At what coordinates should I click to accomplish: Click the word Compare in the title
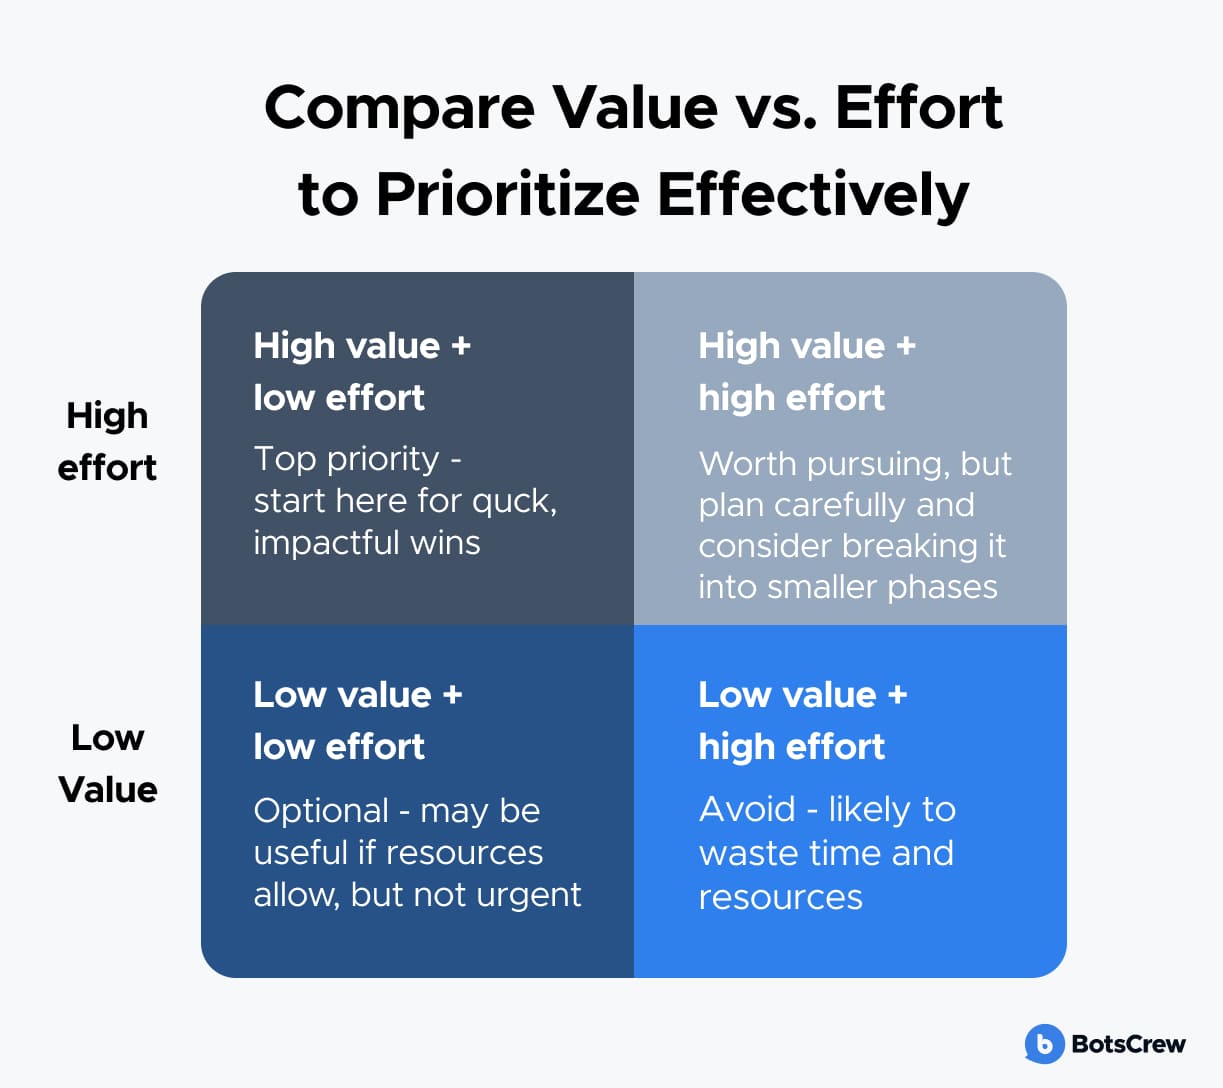pos(400,110)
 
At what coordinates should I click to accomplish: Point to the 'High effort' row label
pos(107,442)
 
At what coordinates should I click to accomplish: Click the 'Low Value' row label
pos(108,763)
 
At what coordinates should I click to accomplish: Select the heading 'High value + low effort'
pos(362,372)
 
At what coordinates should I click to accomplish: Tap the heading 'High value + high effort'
pos(807,372)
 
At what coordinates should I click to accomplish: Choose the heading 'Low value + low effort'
pos(358,720)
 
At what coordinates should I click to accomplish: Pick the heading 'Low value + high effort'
pos(803,720)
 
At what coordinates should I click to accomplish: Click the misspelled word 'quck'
pos(514,502)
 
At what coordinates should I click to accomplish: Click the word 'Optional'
pos(321,811)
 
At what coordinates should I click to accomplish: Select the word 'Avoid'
pos(747,809)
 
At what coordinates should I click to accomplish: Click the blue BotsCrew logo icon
pos(1044,1043)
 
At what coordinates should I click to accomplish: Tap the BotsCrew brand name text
pos(1128,1044)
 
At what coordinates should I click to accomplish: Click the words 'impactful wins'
pos(367,543)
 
